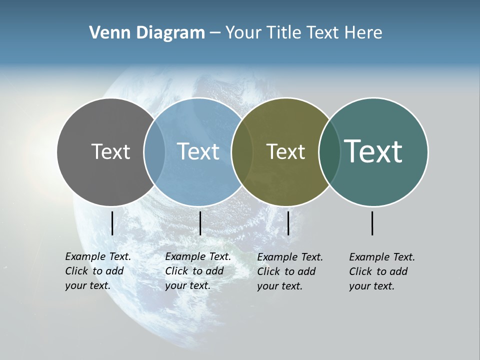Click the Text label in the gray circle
coord(110,151)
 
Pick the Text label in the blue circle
coord(198,151)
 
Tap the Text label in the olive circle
coord(285,151)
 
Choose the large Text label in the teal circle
coord(373,151)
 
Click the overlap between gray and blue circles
coord(154,151)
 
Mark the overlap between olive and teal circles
coord(329,151)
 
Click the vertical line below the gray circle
coord(112,223)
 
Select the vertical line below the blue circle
coord(200,223)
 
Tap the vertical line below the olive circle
coord(288,223)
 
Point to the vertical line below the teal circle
coord(372,223)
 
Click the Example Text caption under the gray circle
coord(97,271)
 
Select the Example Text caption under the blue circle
coord(197,271)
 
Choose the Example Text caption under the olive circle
coord(289,271)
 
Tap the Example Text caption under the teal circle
coord(381,271)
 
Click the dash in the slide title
coord(215,33)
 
